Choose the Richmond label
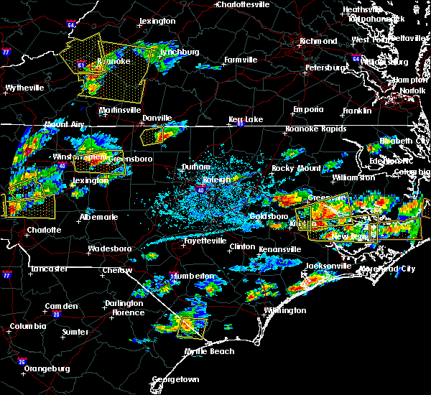click(x=317, y=41)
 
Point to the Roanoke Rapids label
click(x=311, y=129)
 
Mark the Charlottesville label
click(x=245, y=4)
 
